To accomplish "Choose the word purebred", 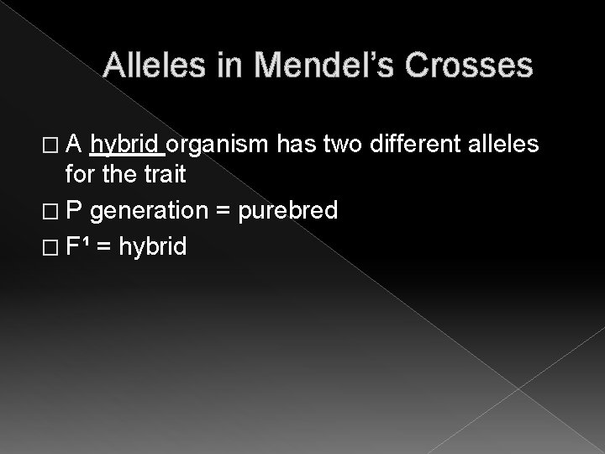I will click(x=288, y=210).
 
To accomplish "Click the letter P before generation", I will click(x=74, y=210).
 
